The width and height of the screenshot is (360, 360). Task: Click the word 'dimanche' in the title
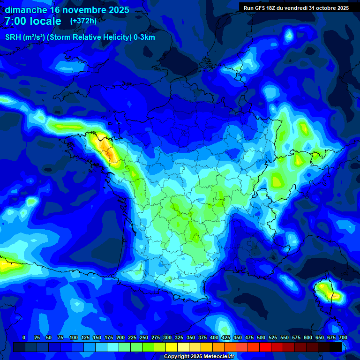pos(26,10)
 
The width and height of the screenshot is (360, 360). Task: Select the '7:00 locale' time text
pos(33,22)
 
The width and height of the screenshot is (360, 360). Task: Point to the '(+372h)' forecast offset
pos(83,21)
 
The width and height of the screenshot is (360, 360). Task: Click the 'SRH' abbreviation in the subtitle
pos(13,37)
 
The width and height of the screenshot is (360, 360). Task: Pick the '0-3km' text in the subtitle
pos(144,37)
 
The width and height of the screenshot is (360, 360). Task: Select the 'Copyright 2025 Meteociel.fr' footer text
pos(198,356)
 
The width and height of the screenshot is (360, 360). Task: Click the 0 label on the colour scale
pos(24,337)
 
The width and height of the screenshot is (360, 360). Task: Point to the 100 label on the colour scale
pos(74,337)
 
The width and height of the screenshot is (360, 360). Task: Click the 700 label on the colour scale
pos(343,337)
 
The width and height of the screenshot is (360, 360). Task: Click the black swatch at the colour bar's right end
pos(336,347)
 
